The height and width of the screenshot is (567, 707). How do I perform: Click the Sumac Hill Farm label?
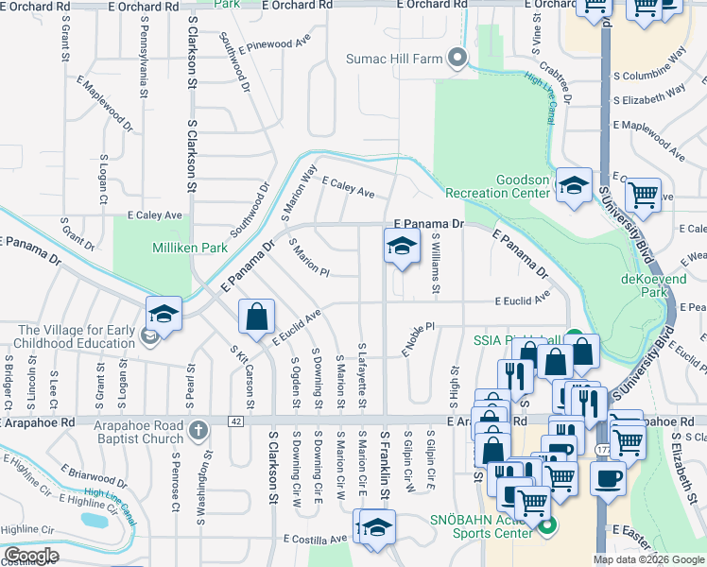(x=395, y=59)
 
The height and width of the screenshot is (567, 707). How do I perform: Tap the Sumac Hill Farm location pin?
(x=457, y=59)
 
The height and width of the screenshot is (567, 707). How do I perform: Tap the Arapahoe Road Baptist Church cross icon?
(x=198, y=431)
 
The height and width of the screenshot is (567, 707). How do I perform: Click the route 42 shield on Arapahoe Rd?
(x=235, y=421)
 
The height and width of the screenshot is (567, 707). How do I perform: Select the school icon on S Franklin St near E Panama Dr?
(x=402, y=248)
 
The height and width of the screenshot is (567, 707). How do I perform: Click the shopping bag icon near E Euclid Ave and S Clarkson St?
(x=257, y=318)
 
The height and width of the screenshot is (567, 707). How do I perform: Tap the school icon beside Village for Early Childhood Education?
(x=164, y=314)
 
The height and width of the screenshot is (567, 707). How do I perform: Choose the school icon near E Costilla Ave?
(x=376, y=527)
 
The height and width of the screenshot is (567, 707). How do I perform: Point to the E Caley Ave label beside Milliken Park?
(x=147, y=215)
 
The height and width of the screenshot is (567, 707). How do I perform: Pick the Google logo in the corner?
(x=31, y=556)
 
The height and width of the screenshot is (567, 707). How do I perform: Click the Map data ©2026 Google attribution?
(x=648, y=559)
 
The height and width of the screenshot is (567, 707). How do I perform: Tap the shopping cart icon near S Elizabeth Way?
(x=643, y=195)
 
